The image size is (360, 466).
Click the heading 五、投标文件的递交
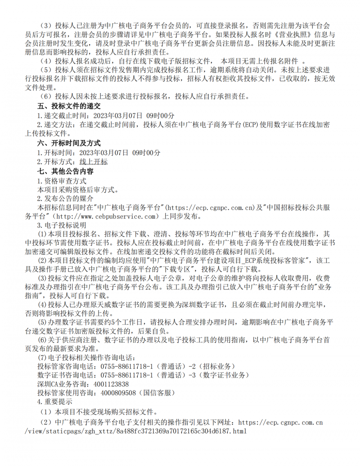[x=68, y=106]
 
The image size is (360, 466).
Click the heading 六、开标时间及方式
[x=68, y=143]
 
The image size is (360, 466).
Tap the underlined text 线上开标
[x=94, y=162]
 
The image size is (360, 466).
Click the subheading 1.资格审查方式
[x=62, y=181]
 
